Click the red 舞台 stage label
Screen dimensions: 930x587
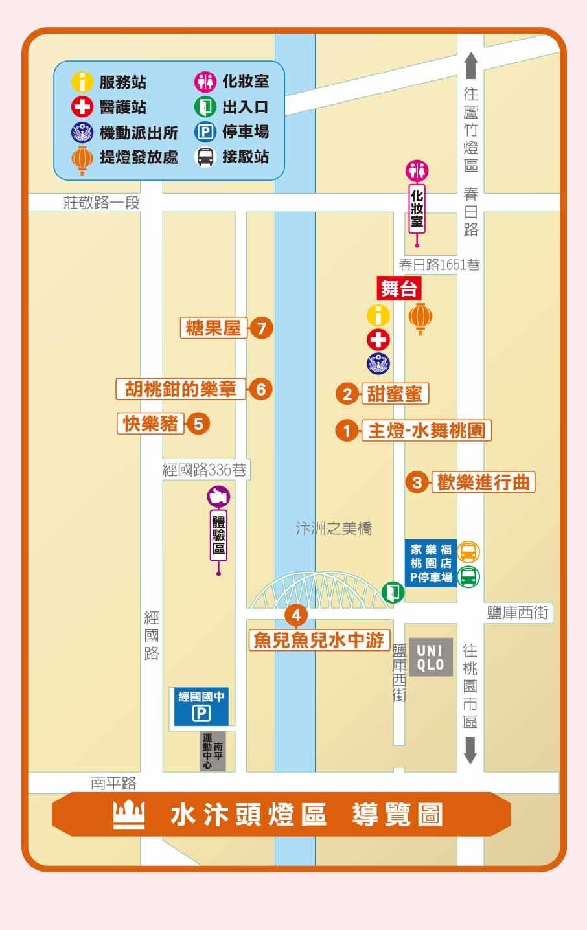[398, 288]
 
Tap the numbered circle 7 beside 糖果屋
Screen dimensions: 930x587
[261, 328]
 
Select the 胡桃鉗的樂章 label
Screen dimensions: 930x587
[181, 389]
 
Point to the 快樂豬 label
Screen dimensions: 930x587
[151, 424]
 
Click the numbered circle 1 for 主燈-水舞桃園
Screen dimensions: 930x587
[347, 431]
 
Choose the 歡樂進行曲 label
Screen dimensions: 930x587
[483, 482]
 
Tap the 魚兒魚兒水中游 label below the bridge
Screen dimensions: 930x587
[319, 640]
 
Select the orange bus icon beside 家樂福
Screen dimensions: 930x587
[468, 552]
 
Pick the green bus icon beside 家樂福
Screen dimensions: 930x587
[468, 576]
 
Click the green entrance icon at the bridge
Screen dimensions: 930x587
[393, 591]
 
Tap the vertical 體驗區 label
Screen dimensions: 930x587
[218, 536]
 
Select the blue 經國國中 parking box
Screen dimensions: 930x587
[201, 707]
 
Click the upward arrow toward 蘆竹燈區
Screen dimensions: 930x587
[471, 65]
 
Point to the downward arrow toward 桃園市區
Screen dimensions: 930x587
[470, 749]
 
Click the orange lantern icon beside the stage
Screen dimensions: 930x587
[420, 318]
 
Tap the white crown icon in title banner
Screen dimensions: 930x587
[129, 814]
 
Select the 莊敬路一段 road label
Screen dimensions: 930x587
[102, 203]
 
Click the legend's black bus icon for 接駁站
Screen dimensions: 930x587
[205, 157]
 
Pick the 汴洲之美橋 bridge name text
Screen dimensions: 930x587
[334, 528]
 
